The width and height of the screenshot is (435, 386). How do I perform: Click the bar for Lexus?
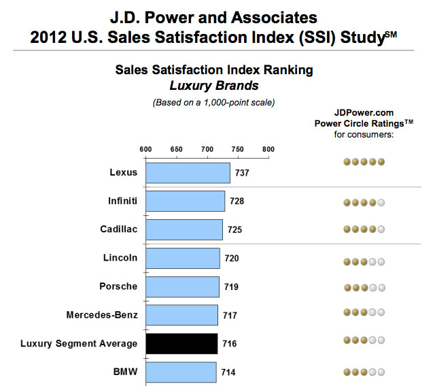pos(188,172)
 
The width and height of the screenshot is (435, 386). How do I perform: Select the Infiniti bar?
pos(185,201)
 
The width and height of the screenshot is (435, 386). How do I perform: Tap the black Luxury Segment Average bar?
pos(181,343)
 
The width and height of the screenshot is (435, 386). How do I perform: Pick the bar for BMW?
pos(180,372)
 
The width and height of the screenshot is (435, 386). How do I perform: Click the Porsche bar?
pos(182,287)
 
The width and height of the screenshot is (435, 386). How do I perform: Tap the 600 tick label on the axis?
pos(145,148)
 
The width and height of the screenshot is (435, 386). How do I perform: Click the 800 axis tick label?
pos(268,148)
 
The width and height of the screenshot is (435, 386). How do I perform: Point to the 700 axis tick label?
pos(207,148)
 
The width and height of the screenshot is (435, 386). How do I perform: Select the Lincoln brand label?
pos(120,258)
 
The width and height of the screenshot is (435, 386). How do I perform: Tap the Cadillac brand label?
pos(119,229)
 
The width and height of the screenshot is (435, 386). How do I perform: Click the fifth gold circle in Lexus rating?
pos(381,161)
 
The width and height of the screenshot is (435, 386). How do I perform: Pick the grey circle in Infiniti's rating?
pos(381,202)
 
